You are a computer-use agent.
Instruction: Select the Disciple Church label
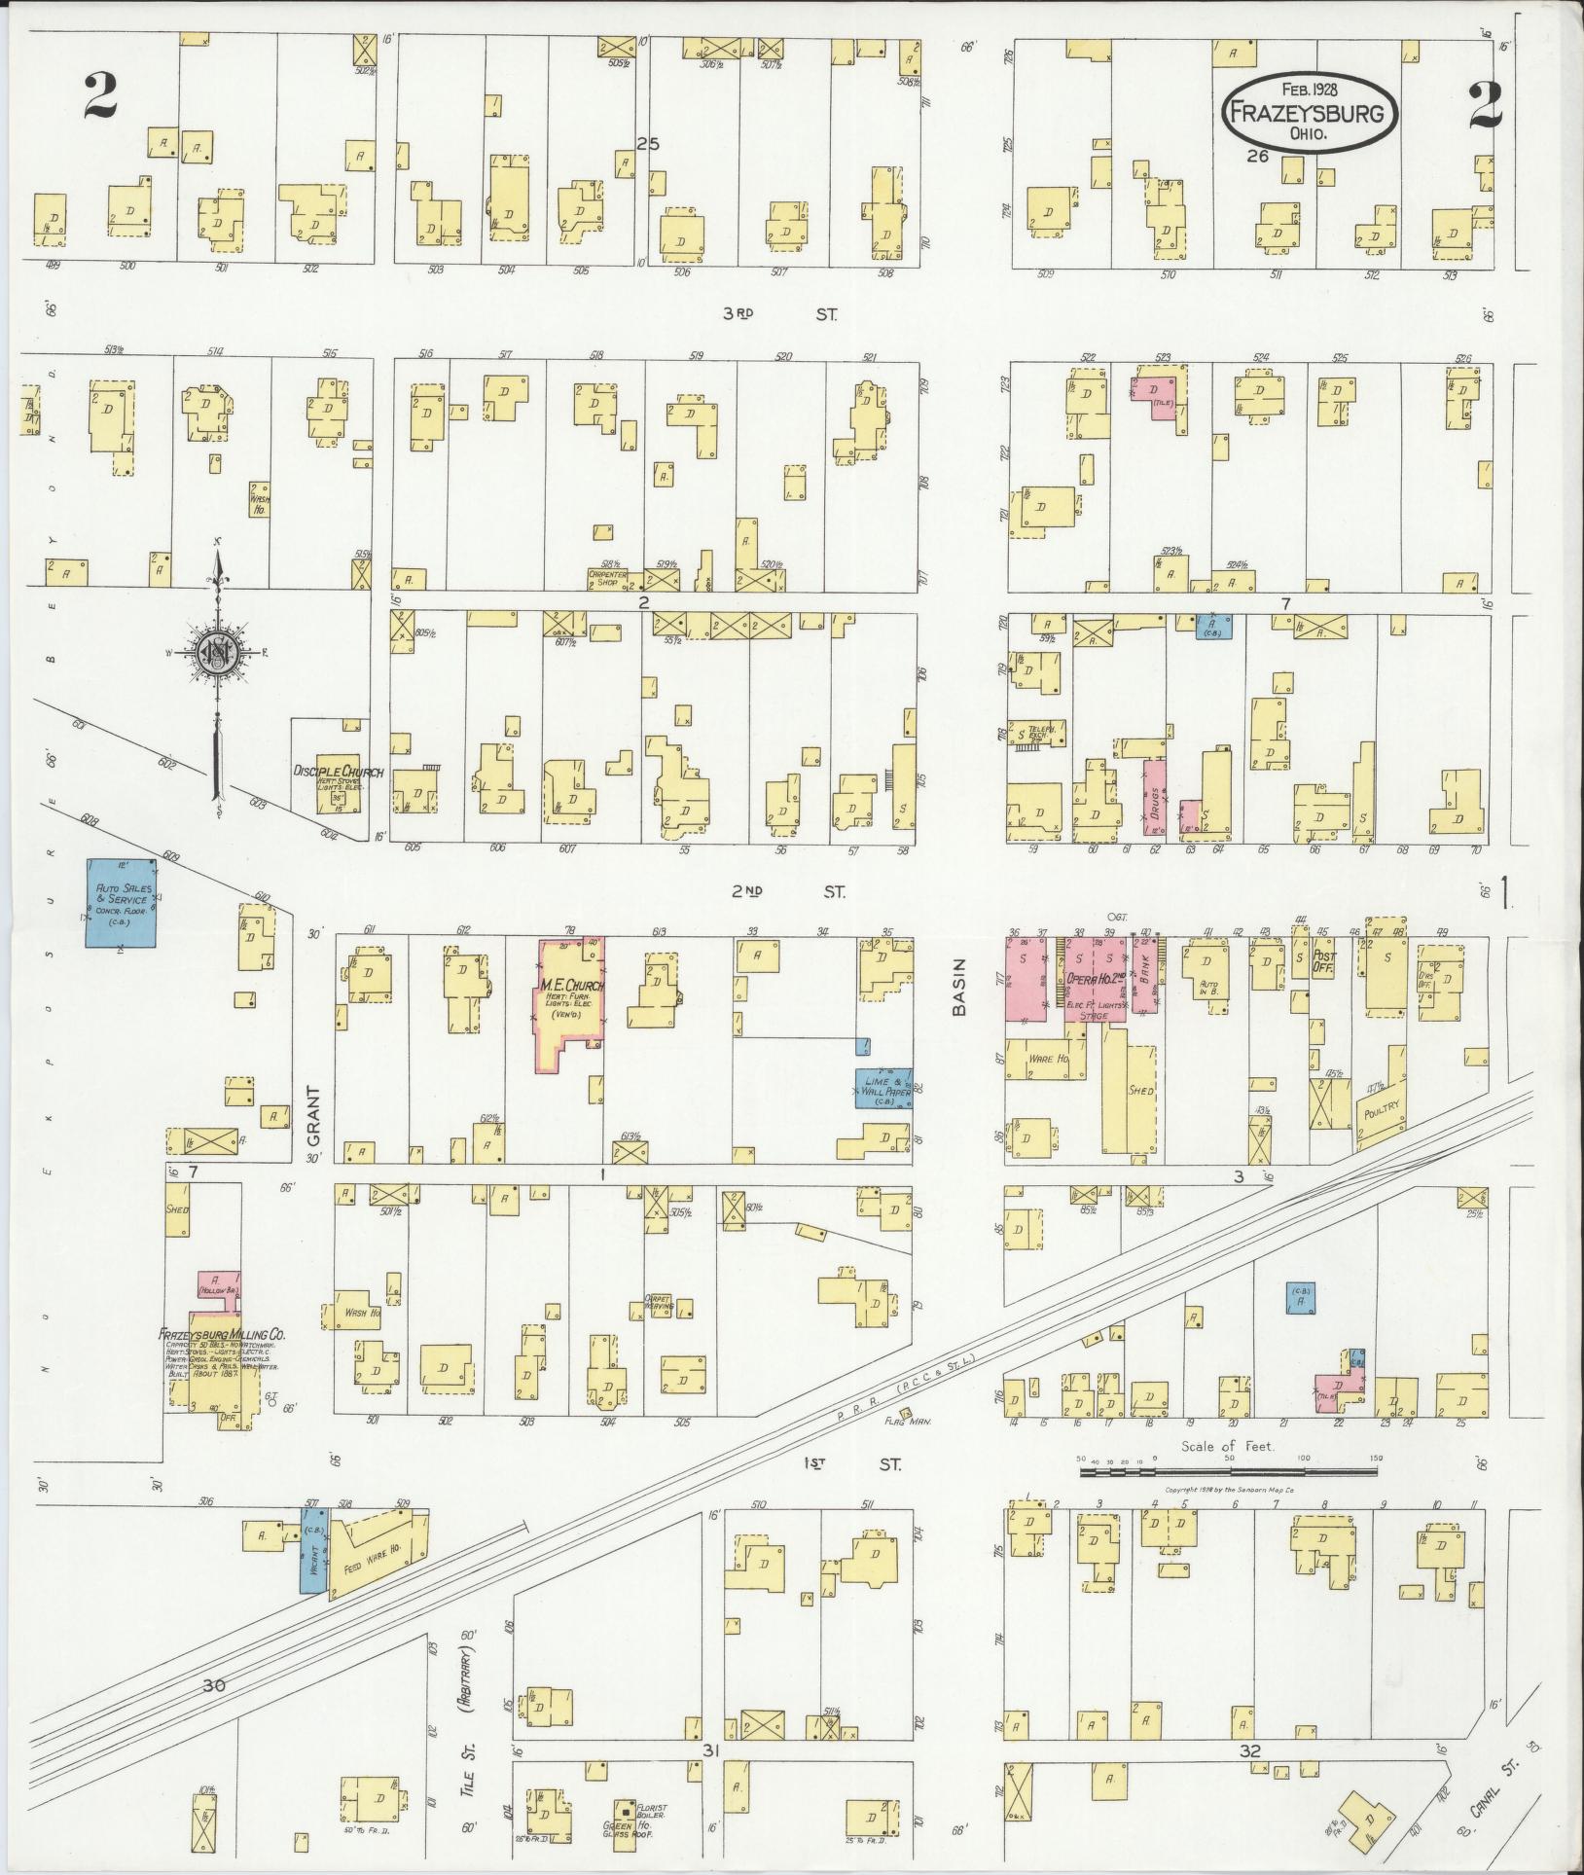339,772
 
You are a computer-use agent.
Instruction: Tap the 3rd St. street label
780,314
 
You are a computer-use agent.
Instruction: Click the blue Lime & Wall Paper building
882,1088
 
